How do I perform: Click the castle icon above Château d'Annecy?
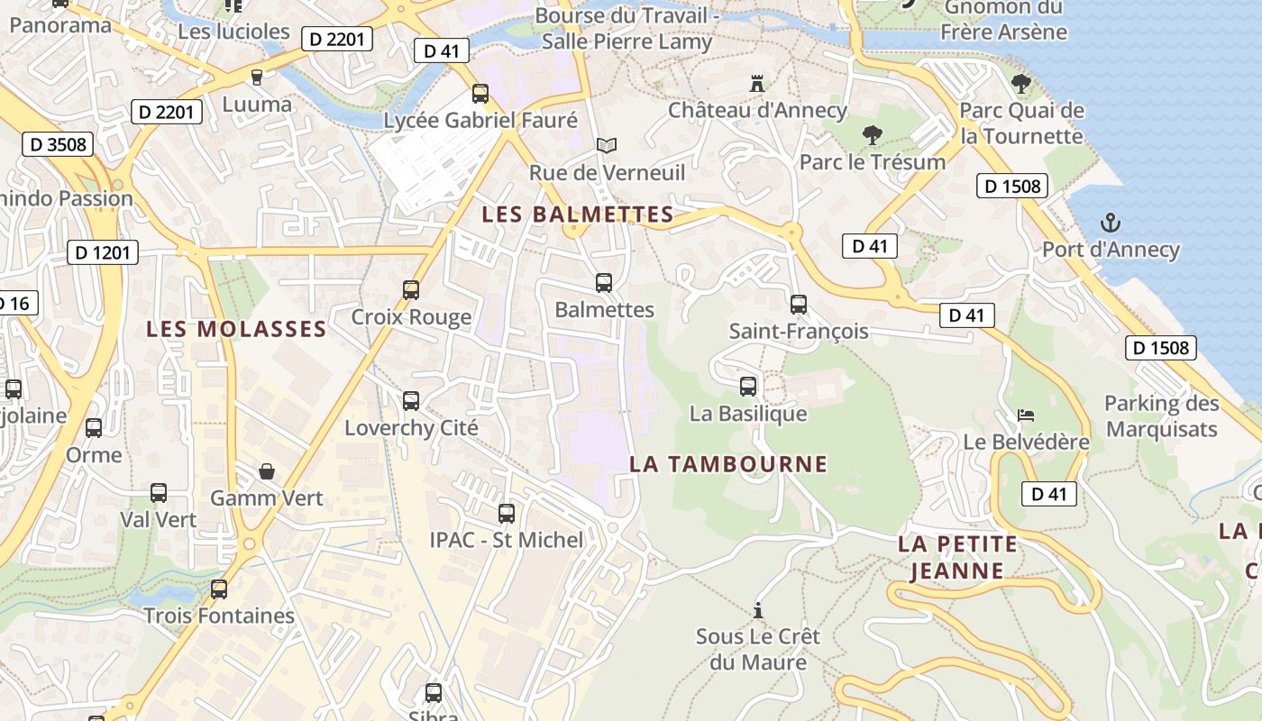757,84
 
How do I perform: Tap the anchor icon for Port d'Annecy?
1111,223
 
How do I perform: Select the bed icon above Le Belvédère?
1026,415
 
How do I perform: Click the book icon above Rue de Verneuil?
607,145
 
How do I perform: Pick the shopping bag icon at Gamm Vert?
267,471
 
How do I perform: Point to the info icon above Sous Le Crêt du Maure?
758,610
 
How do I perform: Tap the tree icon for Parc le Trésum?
872,136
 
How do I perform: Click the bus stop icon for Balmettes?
604,283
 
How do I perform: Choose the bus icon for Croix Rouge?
411,290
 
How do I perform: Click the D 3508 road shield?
58,144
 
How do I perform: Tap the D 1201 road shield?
103,252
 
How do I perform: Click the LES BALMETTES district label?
578,214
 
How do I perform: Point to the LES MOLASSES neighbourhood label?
236,329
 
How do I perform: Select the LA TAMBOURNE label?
728,464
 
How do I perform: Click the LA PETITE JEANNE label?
957,557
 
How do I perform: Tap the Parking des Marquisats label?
1161,416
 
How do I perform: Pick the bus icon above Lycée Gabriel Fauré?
480,94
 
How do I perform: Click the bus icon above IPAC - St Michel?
507,514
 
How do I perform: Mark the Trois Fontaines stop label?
219,616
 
